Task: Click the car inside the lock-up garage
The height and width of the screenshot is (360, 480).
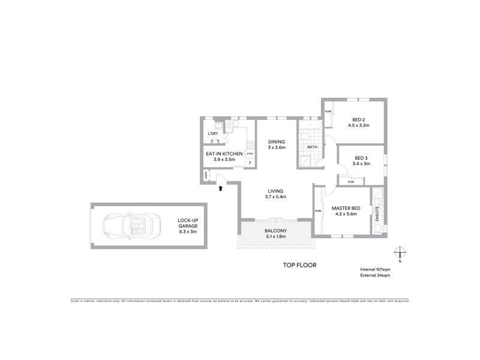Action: point(130,226)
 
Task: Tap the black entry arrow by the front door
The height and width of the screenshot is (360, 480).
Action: point(221,188)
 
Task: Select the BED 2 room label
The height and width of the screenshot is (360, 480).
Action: point(359,119)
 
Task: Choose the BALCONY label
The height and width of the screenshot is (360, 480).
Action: point(276,231)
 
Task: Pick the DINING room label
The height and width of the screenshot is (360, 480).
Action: point(277,142)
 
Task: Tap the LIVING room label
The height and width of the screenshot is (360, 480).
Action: point(276,191)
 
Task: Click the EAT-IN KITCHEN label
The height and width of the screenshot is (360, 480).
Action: point(224,154)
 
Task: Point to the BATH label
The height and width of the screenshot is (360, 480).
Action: point(312,147)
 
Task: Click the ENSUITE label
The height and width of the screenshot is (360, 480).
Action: point(377,214)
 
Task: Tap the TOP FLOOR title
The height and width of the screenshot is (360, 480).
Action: point(299,265)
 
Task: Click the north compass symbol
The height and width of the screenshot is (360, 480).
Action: point(400,253)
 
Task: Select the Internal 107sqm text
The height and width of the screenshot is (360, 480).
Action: point(375,269)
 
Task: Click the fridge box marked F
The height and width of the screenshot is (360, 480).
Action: point(250,163)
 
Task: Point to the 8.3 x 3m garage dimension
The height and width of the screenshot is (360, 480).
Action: point(188,231)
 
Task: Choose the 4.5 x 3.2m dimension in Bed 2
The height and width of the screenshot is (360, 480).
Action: point(358,125)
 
